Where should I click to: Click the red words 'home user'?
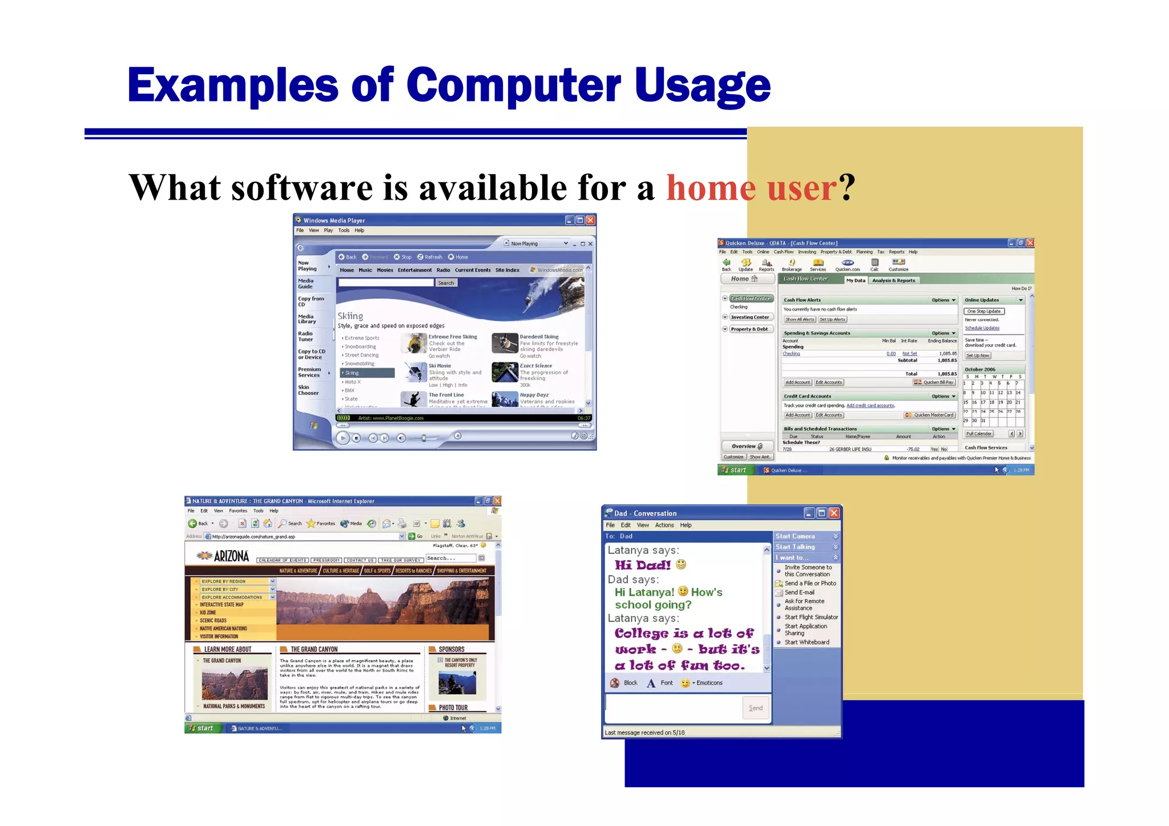[752, 188]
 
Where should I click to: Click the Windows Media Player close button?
[590, 220]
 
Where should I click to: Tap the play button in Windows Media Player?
[342, 438]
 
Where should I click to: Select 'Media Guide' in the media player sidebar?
[306, 284]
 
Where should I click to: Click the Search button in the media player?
[446, 283]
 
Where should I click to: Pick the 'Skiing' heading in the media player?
[350, 316]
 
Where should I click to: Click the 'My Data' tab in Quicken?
[855, 280]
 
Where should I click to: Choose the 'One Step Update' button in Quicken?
[984, 311]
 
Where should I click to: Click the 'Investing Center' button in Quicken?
[750, 317]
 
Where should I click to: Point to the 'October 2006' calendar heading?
[980, 370]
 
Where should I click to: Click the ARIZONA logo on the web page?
[224, 556]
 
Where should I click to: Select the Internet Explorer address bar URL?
[253, 536]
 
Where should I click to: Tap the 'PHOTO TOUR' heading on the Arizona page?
[453, 707]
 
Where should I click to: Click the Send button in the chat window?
[756, 708]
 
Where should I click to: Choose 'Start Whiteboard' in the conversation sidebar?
[807, 642]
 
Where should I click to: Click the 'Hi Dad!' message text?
[642, 565]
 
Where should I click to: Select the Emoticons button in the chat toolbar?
[709, 683]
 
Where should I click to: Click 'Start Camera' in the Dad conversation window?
[795, 536]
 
